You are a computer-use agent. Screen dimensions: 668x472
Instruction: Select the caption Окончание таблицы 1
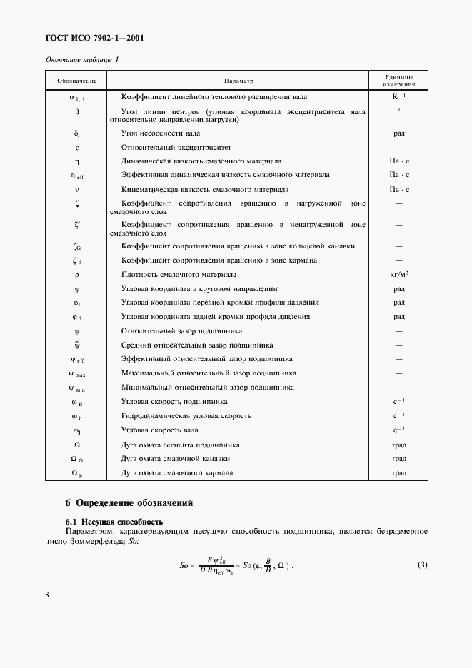(x=81, y=59)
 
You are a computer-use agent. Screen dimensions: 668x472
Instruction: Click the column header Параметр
(x=238, y=81)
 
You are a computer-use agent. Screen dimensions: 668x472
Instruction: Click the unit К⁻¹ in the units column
(x=398, y=96)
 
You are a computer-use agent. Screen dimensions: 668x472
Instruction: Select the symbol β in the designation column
(x=76, y=112)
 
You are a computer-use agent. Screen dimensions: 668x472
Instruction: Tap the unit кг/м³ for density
(x=399, y=275)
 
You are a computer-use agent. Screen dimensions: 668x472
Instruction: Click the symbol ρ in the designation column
(x=76, y=275)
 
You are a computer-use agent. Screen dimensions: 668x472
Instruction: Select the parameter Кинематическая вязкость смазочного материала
(x=205, y=190)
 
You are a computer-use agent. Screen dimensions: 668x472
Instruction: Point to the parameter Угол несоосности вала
(x=159, y=133)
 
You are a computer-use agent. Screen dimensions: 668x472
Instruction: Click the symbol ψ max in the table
(x=76, y=373)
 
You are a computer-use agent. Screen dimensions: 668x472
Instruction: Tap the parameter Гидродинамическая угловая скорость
(x=186, y=415)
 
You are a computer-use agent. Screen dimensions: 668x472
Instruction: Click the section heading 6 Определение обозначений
(x=129, y=502)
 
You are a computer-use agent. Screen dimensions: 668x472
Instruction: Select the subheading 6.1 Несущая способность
(x=115, y=521)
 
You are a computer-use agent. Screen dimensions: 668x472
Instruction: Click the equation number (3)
(x=422, y=565)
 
